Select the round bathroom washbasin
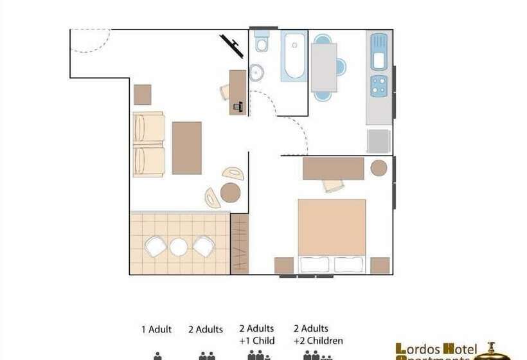point(256,72)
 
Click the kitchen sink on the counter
point(379,53)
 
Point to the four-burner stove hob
point(379,86)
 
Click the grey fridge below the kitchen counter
point(379,141)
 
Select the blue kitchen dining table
point(324,67)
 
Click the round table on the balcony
point(179,247)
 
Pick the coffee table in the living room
point(186,148)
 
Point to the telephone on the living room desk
point(238,106)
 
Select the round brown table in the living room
point(230,192)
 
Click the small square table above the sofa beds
point(143,94)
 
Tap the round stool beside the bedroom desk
point(379,168)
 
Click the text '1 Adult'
point(157,330)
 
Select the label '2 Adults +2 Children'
point(318,334)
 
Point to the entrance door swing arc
point(90,40)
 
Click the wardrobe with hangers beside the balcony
point(240,244)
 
